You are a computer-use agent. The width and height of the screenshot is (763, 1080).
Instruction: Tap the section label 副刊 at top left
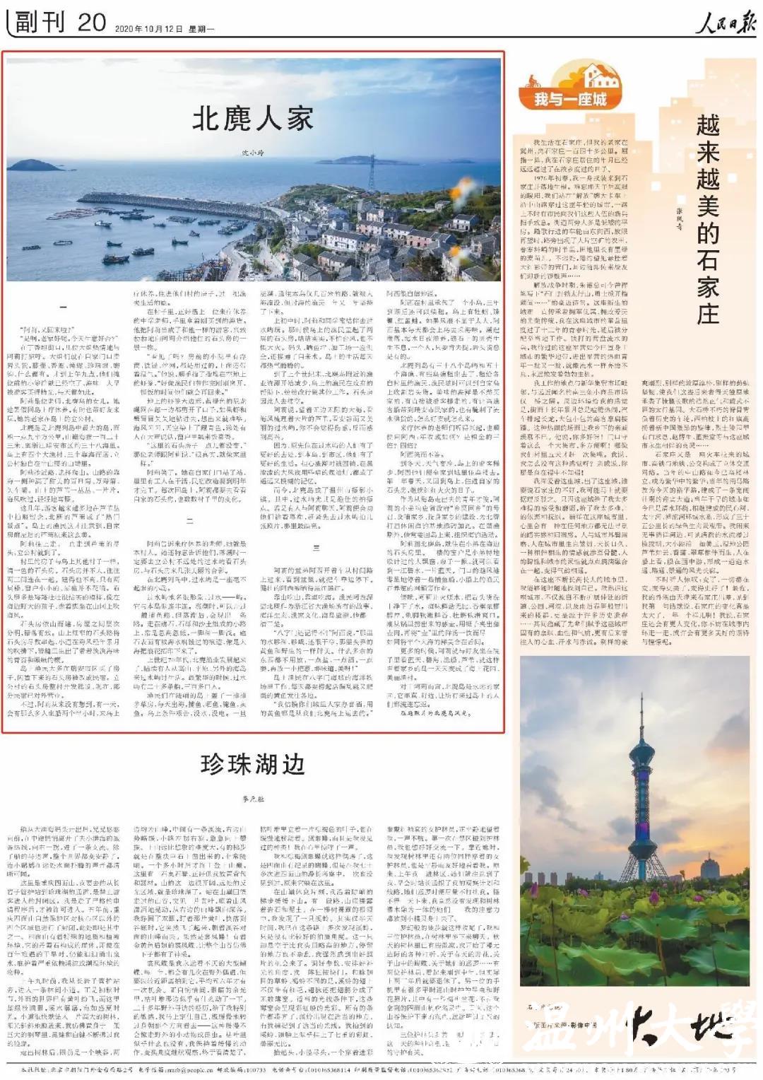[40, 23]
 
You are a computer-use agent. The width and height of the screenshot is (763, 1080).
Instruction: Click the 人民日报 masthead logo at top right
[725, 23]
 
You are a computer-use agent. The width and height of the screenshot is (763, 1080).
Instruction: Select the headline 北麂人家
[252, 119]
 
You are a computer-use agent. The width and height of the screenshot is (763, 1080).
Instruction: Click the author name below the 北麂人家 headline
[252, 153]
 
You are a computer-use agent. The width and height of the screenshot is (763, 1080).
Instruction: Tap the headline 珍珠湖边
[252, 765]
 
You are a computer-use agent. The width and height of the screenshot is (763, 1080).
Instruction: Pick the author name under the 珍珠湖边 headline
[252, 799]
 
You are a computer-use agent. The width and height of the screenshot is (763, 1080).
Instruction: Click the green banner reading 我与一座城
[570, 99]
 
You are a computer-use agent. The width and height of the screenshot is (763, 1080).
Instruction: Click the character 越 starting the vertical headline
[707, 126]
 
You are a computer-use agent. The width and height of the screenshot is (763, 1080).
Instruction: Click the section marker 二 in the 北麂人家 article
[189, 521]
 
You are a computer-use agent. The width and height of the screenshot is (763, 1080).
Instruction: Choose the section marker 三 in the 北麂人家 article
[316, 548]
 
